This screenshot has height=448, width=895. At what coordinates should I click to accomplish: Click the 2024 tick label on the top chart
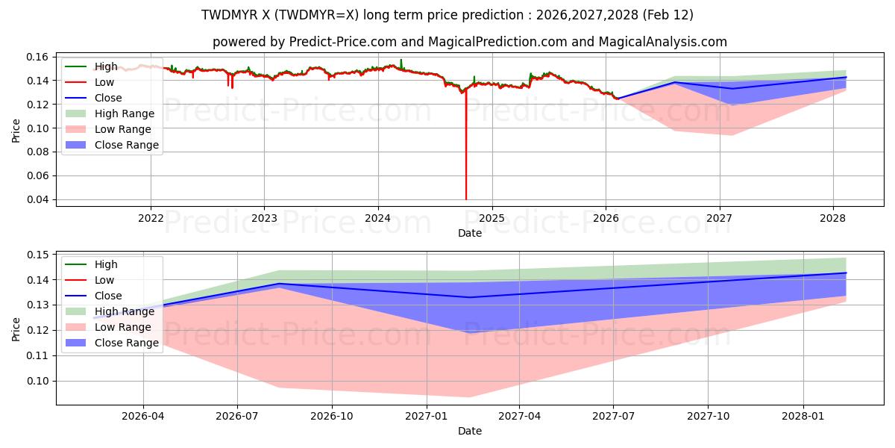pyautogui.click(x=378, y=218)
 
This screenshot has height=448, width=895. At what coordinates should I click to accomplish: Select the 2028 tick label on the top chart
pyautogui.click(x=832, y=218)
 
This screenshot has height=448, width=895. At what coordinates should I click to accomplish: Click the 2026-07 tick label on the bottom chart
pyautogui.click(x=237, y=416)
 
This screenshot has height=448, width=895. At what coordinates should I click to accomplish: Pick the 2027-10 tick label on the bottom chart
pyautogui.click(x=709, y=416)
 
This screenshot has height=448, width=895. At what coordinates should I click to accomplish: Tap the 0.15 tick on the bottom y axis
pyautogui.click(x=37, y=255)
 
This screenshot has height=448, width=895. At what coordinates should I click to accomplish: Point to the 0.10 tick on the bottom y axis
pyautogui.click(x=37, y=381)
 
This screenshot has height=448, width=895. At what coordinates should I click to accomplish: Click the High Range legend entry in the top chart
pyautogui.click(x=125, y=113)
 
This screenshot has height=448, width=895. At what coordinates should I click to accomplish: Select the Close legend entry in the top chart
pyautogui.click(x=108, y=98)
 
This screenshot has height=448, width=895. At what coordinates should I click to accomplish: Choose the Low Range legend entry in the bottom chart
pyautogui.click(x=122, y=327)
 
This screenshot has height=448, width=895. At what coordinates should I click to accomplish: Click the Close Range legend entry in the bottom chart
pyautogui.click(x=127, y=343)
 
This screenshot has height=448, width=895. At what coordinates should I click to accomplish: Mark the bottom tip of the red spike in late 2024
pyautogui.click(x=466, y=199)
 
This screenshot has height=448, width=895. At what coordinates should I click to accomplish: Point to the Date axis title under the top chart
pyautogui.click(x=470, y=233)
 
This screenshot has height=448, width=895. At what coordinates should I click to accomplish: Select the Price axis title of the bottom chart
pyautogui.click(x=16, y=328)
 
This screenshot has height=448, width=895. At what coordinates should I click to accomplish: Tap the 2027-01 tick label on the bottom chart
pyautogui.click(x=426, y=416)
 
